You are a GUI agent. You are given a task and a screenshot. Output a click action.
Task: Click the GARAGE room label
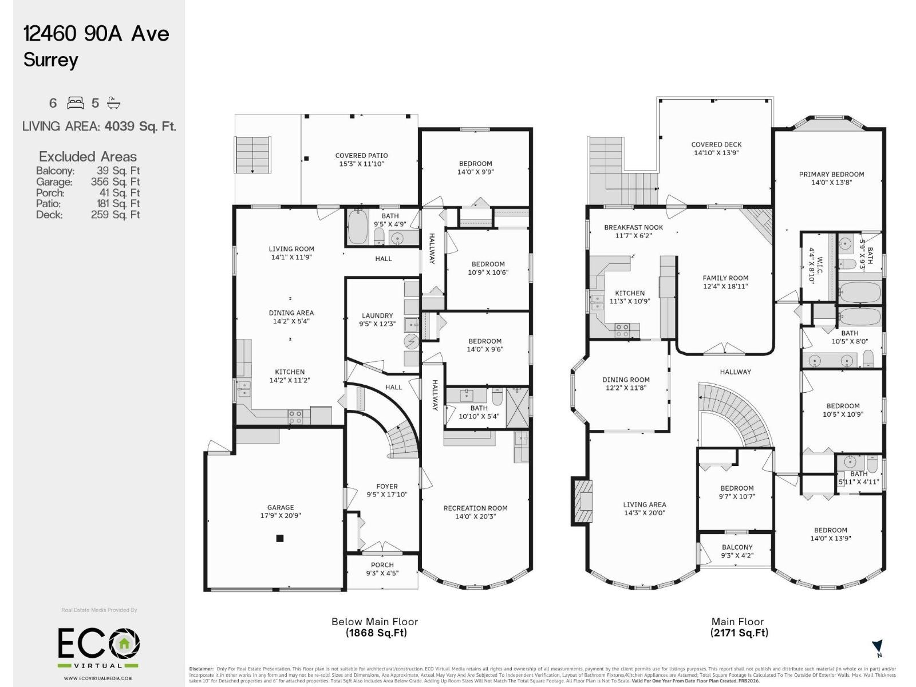[281, 508]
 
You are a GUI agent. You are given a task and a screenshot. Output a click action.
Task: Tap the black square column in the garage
[280, 538]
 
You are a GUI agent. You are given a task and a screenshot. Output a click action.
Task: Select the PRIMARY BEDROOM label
[831, 175]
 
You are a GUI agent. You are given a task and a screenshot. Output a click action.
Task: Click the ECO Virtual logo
[98, 647]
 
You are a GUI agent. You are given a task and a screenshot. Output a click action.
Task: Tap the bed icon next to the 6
[76, 103]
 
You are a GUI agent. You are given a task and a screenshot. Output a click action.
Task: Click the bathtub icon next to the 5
[114, 103]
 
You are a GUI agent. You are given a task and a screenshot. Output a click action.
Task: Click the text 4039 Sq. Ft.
[140, 126]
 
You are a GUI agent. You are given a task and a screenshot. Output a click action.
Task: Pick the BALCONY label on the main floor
[737, 547]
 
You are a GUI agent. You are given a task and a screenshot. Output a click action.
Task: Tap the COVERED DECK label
[716, 145]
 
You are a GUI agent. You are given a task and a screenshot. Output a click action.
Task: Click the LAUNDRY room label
[377, 315]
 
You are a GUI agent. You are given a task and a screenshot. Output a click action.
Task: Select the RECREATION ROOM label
[475, 508]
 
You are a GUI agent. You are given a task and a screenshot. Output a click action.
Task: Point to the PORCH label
[382, 565]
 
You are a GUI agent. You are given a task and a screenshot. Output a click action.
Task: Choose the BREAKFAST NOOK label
[633, 227]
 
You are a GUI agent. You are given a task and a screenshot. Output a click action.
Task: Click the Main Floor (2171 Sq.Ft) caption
[738, 627]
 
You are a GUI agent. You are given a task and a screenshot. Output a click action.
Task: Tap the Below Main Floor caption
[375, 622]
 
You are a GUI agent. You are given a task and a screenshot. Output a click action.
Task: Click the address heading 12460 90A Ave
[96, 34]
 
